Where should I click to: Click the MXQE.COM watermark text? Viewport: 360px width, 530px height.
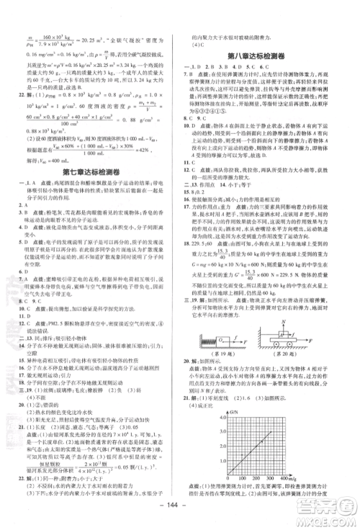[x=328, y=512]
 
